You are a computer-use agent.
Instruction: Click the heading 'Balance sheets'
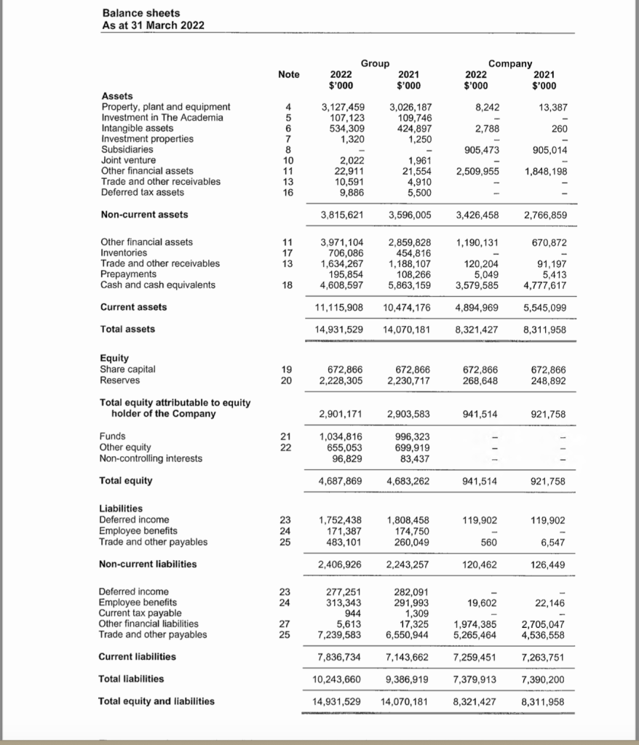141,13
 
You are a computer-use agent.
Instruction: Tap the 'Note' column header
288,74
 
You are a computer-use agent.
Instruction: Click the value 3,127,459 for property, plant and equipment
343,107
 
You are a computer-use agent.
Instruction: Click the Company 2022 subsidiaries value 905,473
482,149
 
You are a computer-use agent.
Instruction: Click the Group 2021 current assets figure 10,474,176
407,307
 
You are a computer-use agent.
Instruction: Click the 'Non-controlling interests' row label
151,458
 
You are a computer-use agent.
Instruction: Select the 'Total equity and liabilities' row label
156,701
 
